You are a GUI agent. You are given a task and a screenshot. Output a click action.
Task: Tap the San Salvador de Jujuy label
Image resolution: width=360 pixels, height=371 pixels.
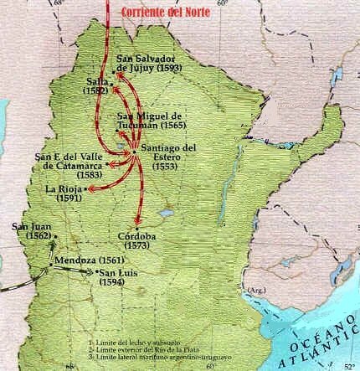pyautogui.click(x=147, y=61)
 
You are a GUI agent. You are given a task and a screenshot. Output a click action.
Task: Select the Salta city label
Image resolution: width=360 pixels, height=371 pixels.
pyautogui.click(x=98, y=81)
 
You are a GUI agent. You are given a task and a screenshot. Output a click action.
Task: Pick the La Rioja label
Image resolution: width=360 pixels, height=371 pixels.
pyautogui.click(x=64, y=192)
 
